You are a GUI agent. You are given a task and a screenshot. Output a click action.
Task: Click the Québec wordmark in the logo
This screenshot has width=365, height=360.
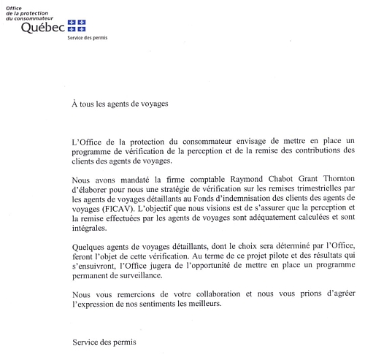coord(42,28)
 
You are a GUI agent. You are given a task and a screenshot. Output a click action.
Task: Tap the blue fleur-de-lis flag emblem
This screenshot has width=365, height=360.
coord(76,26)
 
